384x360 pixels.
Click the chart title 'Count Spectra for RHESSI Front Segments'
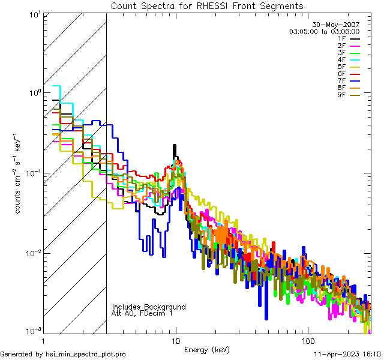pos(208,5)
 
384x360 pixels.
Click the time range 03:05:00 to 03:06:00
pos(325,31)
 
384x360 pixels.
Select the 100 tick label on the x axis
pos(307,340)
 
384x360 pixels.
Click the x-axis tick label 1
pos(44,340)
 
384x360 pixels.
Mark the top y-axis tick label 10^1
pos(34,13)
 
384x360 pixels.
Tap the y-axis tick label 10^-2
pos(33,253)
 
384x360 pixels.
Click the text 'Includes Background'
pos(148,307)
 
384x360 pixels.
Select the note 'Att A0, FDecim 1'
pos(142,313)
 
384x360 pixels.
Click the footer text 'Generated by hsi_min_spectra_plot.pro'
pos(63,354)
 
